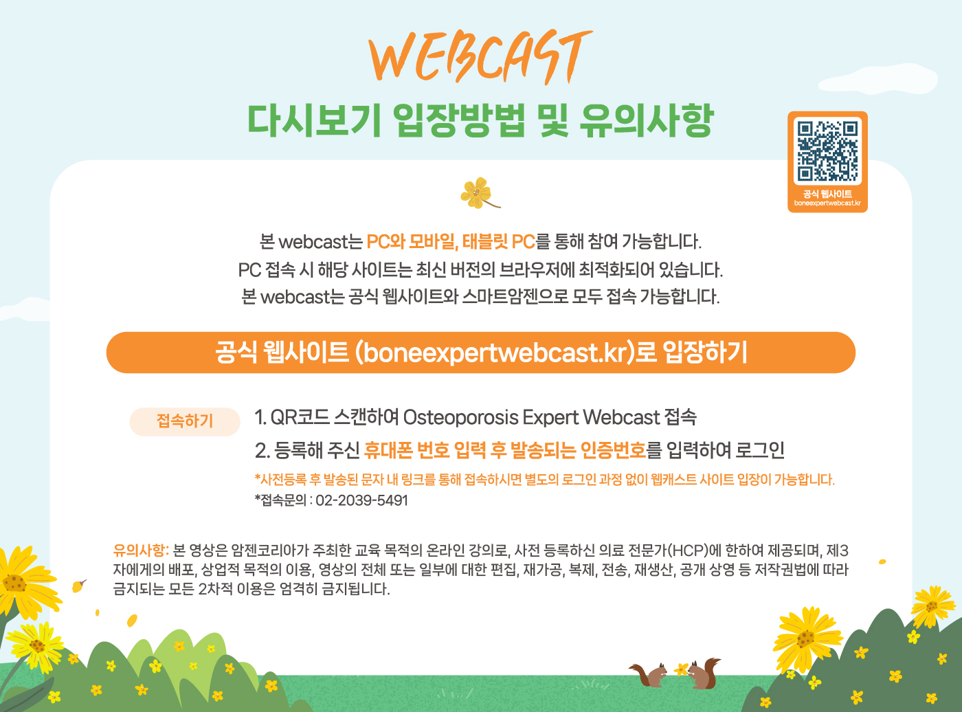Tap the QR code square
click(x=827, y=151)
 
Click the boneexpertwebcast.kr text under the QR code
click(x=827, y=203)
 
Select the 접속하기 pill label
click(x=185, y=421)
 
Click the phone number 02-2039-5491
click(x=361, y=500)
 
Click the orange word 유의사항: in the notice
click(x=141, y=550)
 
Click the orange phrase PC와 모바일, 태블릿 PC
click(x=451, y=242)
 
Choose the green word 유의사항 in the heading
click(x=647, y=121)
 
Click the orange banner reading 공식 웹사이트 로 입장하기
click(x=480, y=353)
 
